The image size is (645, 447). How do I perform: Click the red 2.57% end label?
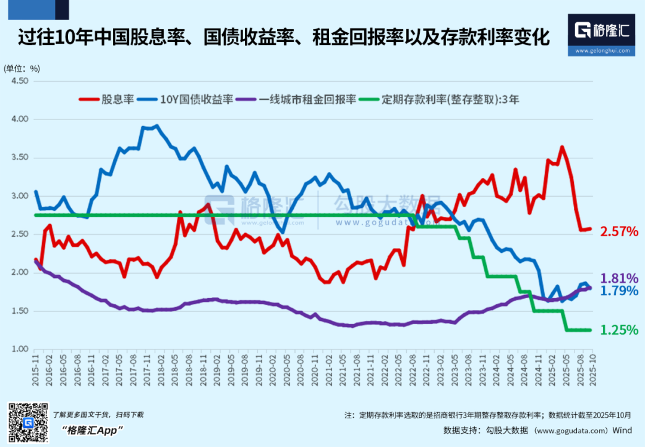(x=619, y=231)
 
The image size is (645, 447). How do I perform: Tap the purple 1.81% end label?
(x=619, y=278)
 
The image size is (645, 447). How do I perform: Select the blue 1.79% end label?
(x=619, y=291)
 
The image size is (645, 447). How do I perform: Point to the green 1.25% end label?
(x=619, y=330)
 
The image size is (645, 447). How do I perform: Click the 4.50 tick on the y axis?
(x=20, y=81)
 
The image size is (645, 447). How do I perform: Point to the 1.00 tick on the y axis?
(x=20, y=349)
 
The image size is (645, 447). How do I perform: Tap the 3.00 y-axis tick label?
(x=20, y=196)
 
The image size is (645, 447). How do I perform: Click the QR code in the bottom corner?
(x=27, y=423)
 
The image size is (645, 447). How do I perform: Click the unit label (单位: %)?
(x=22, y=68)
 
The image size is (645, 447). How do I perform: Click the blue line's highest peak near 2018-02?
(x=156, y=125)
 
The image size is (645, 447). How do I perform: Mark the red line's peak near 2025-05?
(x=562, y=146)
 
